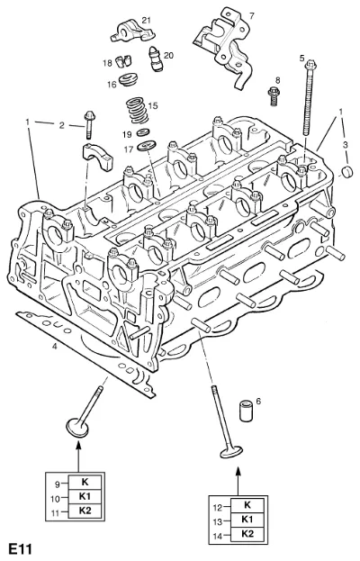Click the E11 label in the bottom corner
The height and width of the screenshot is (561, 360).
pyautogui.click(x=21, y=549)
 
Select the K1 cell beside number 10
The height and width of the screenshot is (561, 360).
pyautogui.click(x=85, y=496)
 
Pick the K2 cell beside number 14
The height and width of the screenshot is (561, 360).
pyautogui.click(x=247, y=534)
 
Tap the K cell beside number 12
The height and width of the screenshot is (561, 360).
pyautogui.click(x=247, y=505)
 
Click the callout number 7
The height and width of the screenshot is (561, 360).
pyautogui.click(x=251, y=15)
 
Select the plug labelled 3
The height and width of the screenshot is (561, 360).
pyautogui.click(x=347, y=173)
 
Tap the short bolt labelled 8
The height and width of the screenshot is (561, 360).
pyautogui.click(x=274, y=95)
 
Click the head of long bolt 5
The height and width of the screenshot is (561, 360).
pyautogui.click(x=310, y=67)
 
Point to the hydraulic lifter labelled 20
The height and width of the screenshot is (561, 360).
pyautogui.click(x=155, y=59)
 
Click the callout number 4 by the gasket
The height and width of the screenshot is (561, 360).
pyautogui.click(x=54, y=347)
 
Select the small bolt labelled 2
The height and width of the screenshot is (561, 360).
pyautogui.click(x=88, y=125)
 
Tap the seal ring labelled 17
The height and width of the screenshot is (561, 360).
pyautogui.click(x=147, y=146)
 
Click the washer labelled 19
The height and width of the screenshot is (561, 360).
pyautogui.click(x=143, y=133)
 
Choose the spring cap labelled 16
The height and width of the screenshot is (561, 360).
pyautogui.click(x=129, y=80)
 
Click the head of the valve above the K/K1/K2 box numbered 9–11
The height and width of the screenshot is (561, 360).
pyautogui.click(x=77, y=427)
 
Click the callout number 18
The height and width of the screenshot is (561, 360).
pyautogui.click(x=107, y=63)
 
